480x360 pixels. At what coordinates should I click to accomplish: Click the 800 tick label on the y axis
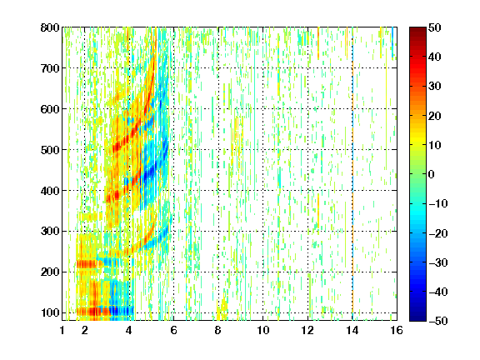coord(50,27)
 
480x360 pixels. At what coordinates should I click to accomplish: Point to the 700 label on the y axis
coord(50,68)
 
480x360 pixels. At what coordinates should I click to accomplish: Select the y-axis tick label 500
coord(50,150)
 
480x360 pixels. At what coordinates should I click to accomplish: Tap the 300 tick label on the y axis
coord(50,232)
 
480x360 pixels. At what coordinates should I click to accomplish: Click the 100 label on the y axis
coord(50,312)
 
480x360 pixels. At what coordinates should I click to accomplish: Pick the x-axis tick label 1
coord(62,330)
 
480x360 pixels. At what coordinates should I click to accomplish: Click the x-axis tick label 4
coord(129,330)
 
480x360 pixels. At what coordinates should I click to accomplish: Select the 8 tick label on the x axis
coord(217,330)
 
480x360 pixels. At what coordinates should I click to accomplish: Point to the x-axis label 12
coord(307,330)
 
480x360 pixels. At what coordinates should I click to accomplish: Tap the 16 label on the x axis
coord(397,330)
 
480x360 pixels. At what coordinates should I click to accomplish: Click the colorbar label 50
coord(434,27)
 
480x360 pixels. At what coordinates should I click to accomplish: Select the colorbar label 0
coord(432,174)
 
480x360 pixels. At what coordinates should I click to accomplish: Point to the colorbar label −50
coord(438,321)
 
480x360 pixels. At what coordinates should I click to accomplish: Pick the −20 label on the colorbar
coord(438,233)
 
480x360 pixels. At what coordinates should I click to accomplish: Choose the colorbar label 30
coord(434,87)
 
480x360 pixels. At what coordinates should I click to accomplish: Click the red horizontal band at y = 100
coord(93,312)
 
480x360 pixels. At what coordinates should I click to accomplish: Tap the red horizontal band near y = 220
coord(87,264)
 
